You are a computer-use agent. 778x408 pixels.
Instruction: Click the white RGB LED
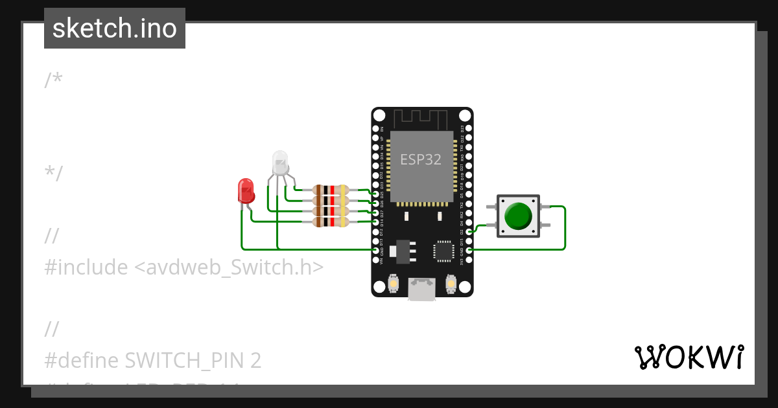pos(279,163)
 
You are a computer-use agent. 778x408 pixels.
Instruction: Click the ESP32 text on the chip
pos(421,159)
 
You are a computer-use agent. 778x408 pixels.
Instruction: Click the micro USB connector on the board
pos(422,289)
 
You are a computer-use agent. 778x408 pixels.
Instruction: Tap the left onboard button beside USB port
pos(392,284)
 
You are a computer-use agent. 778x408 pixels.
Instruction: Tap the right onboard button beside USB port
pos(452,284)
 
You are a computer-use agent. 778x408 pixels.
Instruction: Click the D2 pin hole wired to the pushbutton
pos(469,231)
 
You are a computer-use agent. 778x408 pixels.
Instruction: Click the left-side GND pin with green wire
pos(375,249)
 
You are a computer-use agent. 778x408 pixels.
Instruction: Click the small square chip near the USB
pos(444,251)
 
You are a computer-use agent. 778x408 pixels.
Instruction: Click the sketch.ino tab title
pos(115,28)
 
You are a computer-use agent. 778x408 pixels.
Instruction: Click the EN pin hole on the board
pos(375,130)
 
